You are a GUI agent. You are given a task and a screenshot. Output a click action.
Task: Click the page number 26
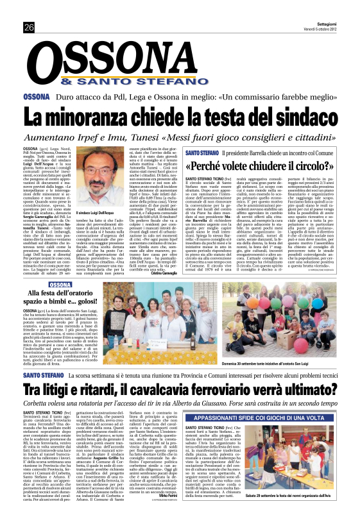(x=29, y=26)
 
